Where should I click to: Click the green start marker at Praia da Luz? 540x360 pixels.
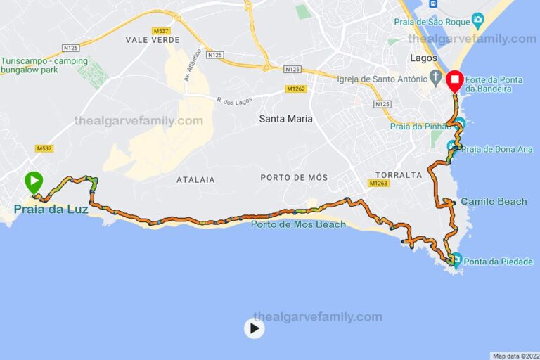pos(34,181)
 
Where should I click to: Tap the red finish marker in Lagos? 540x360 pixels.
pos(454,81)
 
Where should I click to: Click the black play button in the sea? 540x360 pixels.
pos(254,328)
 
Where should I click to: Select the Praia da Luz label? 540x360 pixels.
pos(50,209)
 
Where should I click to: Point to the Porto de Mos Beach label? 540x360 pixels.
pos(298,224)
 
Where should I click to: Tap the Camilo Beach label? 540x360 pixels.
pos(494,202)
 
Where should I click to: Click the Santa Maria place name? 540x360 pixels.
pos(285,119)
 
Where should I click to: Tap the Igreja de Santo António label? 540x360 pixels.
pos(382,79)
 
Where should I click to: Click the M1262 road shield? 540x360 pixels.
pos(296,89)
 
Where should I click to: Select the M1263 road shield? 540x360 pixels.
pos(377,184)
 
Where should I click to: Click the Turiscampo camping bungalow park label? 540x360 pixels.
pos(44,65)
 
